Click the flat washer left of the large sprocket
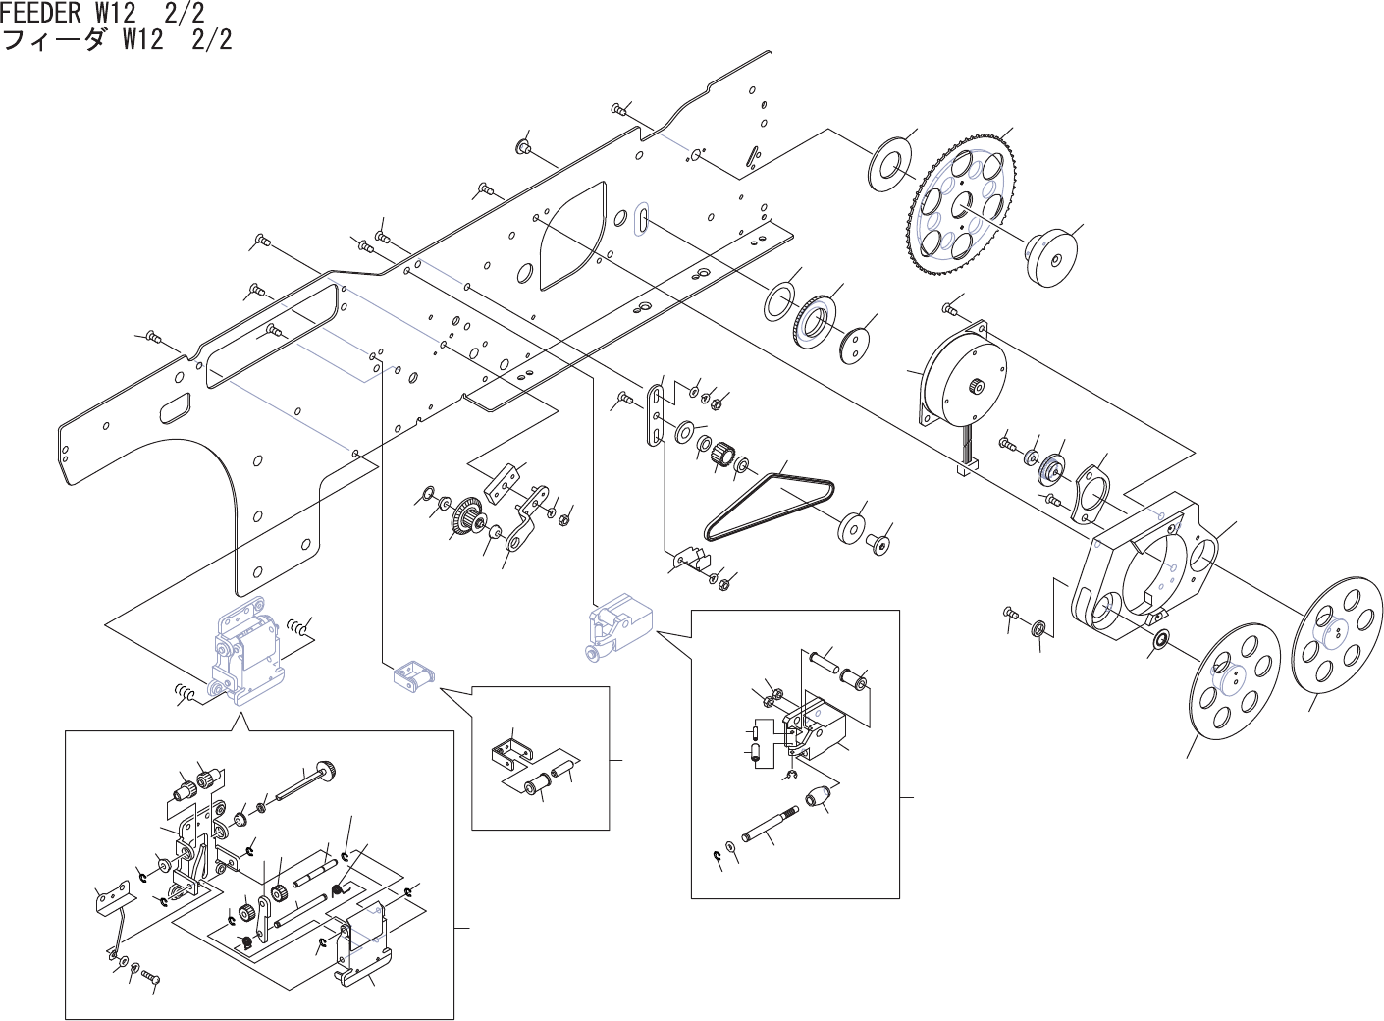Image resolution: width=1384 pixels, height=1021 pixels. [890, 161]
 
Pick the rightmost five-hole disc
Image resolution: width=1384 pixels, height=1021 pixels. [1332, 639]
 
